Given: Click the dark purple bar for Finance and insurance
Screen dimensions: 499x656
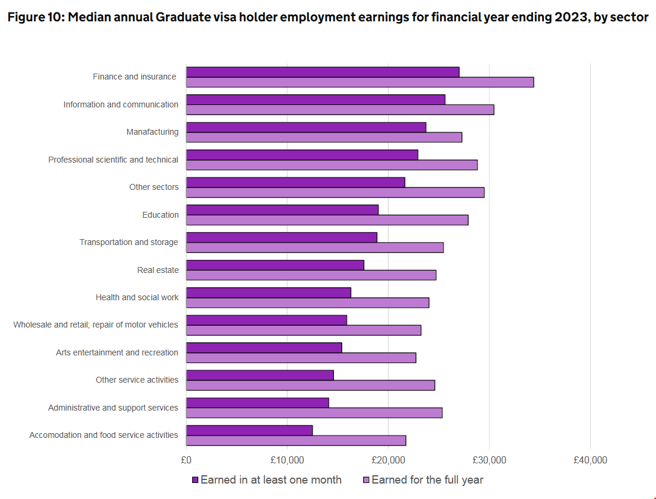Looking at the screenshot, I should click(x=323, y=72).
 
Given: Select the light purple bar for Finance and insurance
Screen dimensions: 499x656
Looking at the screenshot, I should click(x=360, y=82).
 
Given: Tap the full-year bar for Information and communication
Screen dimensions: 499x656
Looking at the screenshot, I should click(x=340, y=110).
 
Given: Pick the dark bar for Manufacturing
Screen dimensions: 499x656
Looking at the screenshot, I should click(x=306, y=127).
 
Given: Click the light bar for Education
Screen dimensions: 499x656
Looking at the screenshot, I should click(x=327, y=220).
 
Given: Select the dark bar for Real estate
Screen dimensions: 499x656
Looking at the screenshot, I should click(x=275, y=265).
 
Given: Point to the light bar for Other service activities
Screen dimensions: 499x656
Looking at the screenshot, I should click(x=310, y=385).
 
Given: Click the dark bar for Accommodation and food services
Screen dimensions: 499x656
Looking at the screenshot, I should click(x=249, y=430).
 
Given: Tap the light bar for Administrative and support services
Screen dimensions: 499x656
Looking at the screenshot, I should click(x=314, y=413).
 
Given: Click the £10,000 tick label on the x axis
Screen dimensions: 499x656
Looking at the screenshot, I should click(x=287, y=460).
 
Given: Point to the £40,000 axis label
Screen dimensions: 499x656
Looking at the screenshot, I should click(x=590, y=460).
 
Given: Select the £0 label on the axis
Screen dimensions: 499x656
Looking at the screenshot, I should click(x=186, y=460).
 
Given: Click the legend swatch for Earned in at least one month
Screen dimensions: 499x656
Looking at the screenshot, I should click(x=195, y=479).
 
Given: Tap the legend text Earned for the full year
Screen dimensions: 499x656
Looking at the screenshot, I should click(x=427, y=479).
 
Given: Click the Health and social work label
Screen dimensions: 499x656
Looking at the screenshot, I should click(x=137, y=297).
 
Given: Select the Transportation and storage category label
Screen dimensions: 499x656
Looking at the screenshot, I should click(x=129, y=242).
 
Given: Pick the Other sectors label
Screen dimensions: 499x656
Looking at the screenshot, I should click(x=154, y=187).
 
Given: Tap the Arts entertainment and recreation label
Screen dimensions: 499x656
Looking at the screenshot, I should click(x=117, y=352).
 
